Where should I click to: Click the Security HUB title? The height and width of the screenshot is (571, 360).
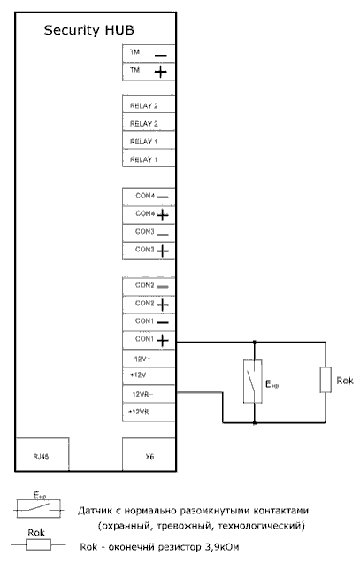[88, 30]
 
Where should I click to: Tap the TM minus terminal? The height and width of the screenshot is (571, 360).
[149, 53]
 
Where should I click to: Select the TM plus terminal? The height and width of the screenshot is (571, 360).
[149, 72]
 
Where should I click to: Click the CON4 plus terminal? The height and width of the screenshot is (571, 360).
[149, 215]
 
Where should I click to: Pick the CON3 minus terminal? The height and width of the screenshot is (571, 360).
[149, 233]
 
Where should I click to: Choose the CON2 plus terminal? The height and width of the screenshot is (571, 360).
[149, 305]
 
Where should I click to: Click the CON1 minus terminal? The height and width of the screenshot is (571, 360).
[149, 322]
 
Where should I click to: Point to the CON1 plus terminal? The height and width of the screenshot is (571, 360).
[149, 340]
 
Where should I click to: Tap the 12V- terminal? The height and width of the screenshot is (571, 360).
[149, 359]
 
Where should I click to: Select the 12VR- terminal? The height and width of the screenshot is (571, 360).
[149, 394]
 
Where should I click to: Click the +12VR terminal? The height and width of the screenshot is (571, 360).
[149, 413]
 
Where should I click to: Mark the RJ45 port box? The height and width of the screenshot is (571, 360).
[42, 454]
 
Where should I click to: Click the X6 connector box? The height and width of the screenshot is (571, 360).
[149, 454]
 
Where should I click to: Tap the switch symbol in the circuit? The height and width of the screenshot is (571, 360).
[253, 382]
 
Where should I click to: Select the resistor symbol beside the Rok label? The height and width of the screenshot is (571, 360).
[326, 380]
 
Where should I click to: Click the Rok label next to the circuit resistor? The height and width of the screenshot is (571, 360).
[345, 381]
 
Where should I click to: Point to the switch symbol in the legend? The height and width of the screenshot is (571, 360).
[38, 508]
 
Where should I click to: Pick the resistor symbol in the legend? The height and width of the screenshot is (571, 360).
[38, 544]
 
